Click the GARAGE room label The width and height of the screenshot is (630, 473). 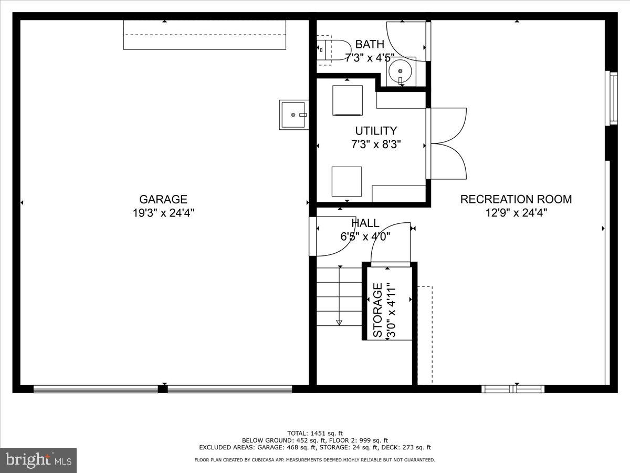(x=163, y=199)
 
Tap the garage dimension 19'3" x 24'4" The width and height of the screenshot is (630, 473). (x=163, y=213)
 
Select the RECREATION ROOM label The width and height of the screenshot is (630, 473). (x=516, y=199)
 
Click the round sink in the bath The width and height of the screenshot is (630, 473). (x=401, y=70)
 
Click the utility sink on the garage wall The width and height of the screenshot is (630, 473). (x=293, y=114)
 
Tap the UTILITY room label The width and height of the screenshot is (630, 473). (x=376, y=131)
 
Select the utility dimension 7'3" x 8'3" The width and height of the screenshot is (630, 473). (x=376, y=145)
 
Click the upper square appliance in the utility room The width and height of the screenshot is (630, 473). (x=347, y=100)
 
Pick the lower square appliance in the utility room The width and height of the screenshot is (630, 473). (x=346, y=181)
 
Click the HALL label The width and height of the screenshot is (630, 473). (x=365, y=223)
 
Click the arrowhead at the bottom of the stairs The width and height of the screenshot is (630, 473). (x=339, y=322)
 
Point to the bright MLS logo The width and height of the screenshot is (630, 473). (x=38, y=460)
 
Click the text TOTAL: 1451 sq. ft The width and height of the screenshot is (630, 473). (x=314, y=433)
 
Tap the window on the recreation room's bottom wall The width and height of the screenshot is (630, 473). (x=513, y=389)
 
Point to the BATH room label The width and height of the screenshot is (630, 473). (x=370, y=44)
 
